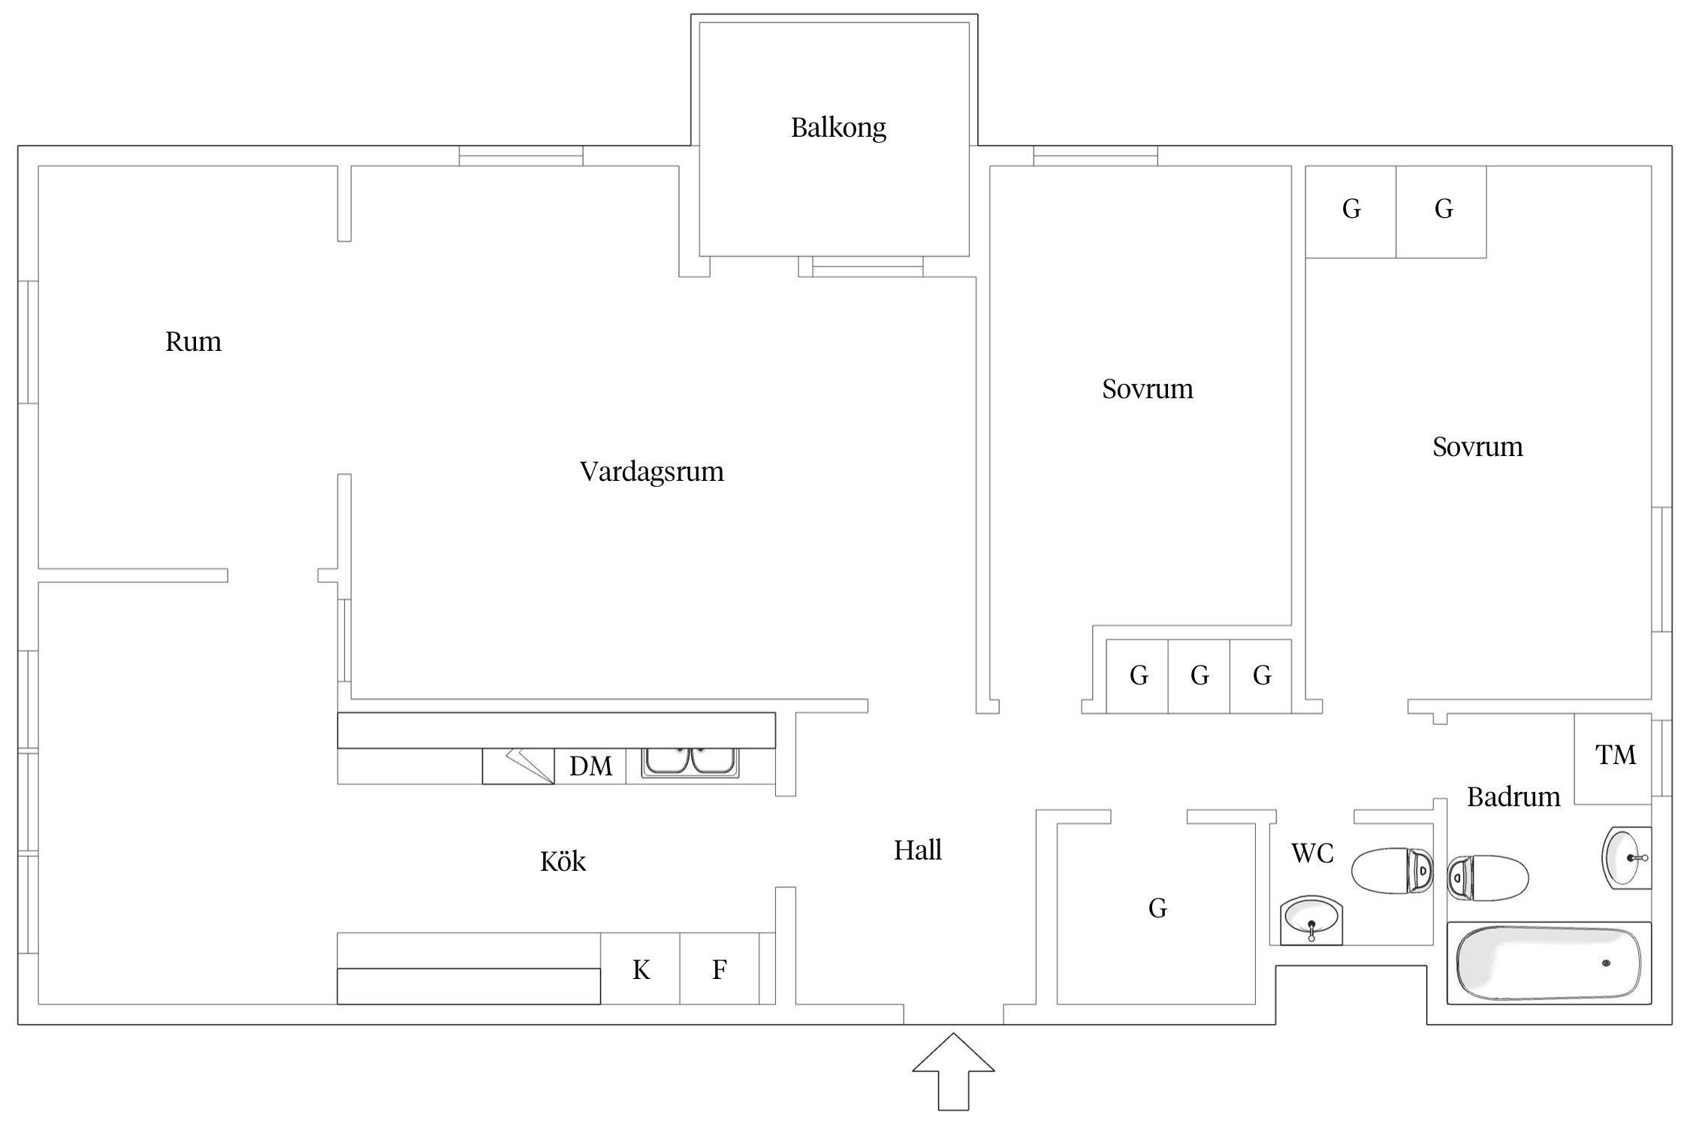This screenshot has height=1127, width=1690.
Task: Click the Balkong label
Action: click(x=838, y=128)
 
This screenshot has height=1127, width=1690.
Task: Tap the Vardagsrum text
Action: click(x=651, y=472)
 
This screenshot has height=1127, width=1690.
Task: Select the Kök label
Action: click(x=563, y=861)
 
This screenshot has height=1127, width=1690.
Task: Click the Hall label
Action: click(x=917, y=851)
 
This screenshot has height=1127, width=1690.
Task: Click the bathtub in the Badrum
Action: click(x=1549, y=963)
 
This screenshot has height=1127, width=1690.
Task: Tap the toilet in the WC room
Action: click(x=1391, y=871)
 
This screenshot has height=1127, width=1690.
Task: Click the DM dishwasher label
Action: click(x=590, y=766)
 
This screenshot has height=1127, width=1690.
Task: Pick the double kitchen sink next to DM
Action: click(x=690, y=762)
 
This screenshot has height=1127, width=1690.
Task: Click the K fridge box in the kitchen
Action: click(x=640, y=969)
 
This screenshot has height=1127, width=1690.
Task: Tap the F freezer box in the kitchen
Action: click(x=719, y=969)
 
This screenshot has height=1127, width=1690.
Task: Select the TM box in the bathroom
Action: click(x=1615, y=755)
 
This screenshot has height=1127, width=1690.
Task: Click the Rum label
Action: click(x=193, y=342)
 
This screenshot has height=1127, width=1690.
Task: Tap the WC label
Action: click(x=1312, y=854)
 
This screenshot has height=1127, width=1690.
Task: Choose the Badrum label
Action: click(x=1513, y=796)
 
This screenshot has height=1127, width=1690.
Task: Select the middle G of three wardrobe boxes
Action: click(x=1199, y=675)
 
